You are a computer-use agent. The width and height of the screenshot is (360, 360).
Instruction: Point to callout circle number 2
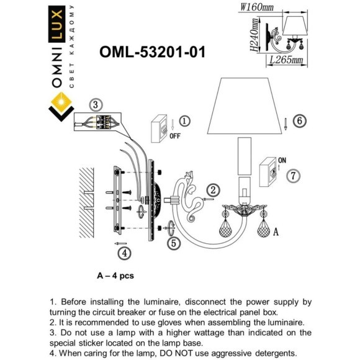click(212, 190)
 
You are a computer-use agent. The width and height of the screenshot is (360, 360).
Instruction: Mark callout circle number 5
click(174, 243)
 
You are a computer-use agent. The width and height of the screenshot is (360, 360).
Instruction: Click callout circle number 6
click(299, 121)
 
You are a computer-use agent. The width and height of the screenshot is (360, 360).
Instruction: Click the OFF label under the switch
click(174, 138)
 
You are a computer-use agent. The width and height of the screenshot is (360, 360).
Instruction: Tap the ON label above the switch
click(282, 160)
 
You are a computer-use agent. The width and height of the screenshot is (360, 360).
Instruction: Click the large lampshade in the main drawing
click(246, 106)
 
